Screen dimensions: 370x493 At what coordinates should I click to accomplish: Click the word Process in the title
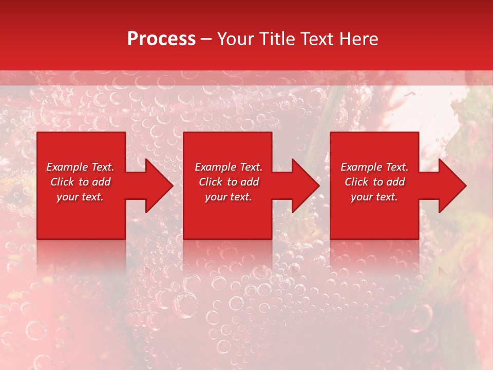161,39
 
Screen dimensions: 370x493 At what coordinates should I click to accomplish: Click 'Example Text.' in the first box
80,167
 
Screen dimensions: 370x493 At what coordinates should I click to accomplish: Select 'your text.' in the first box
80,197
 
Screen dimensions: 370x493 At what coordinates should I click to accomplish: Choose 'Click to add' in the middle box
229,182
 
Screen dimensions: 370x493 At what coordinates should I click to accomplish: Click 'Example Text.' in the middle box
229,167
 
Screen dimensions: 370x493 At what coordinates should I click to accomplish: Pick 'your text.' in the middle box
229,197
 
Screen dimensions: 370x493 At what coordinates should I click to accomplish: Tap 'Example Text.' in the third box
374,167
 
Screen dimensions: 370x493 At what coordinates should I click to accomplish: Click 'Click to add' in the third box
374,182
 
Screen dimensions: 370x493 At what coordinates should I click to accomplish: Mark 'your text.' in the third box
374,197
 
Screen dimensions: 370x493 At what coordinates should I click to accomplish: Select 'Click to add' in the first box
80,182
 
